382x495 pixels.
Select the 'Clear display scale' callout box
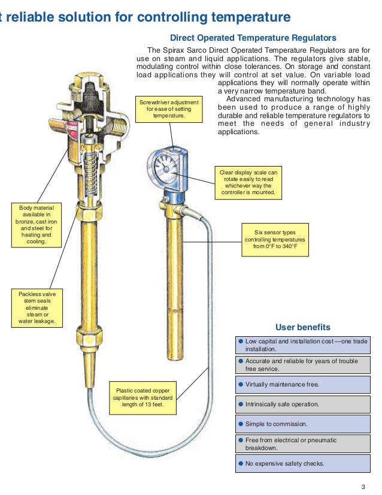coord(248,183)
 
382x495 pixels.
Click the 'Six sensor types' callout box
coord(275,240)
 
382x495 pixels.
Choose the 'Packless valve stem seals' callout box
coord(37,308)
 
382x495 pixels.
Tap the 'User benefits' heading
coord(302,327)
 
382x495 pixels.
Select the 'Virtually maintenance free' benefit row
coord(302,384)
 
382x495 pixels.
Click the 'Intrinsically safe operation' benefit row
coord(302,404)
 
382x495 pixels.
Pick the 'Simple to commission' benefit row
coord(302,424)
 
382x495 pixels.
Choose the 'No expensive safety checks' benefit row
coord(302,463)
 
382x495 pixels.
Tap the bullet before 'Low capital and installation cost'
coord(240,341)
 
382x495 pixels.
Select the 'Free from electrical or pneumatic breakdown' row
coord(302,443)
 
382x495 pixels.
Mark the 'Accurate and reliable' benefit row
coord(302,364)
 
